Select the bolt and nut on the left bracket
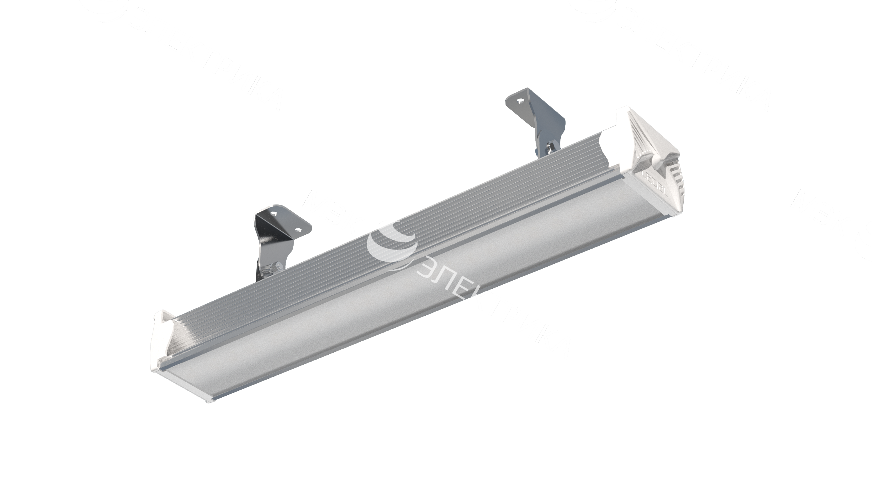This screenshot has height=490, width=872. click(274, 268)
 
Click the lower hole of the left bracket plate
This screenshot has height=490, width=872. click(298, 230)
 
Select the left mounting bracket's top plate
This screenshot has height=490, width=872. click(284, 222)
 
